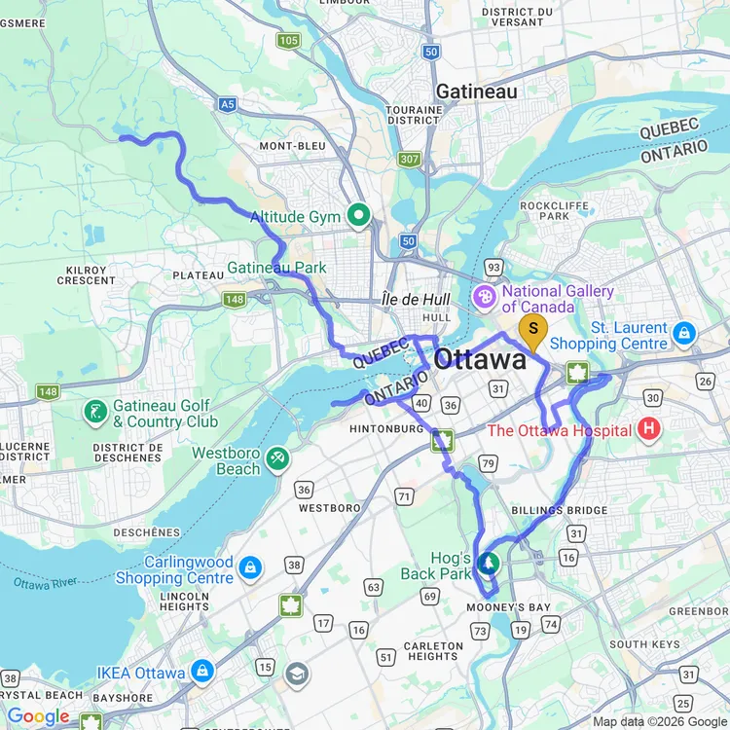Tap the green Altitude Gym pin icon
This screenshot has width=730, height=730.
(358, 216)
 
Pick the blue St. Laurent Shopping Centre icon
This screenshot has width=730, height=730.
(684, 334)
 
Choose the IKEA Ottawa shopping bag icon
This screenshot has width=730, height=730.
(202, 671)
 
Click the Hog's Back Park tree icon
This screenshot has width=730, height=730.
(488, 563)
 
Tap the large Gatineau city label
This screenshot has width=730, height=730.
(477, 91)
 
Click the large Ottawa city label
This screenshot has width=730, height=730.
(479, 359)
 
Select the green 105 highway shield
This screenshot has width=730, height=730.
(288, 40)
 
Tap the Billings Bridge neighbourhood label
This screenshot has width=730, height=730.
(559, 510)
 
